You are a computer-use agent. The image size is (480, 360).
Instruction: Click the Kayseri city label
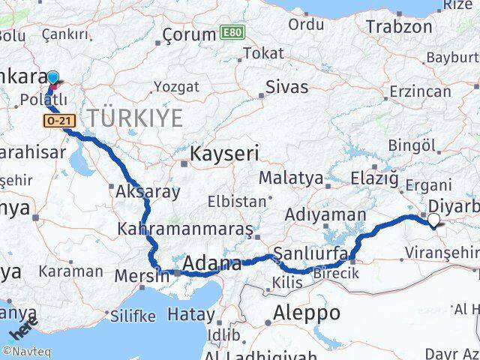click(224, 154)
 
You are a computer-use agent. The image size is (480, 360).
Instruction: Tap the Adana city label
click(211, 264)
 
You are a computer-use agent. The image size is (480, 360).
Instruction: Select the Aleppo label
click(307, 312)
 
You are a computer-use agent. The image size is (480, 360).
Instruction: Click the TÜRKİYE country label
click(135, 117)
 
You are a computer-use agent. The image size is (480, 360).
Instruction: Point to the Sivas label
click(287, 87)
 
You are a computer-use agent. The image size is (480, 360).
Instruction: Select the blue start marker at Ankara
click(53, 77)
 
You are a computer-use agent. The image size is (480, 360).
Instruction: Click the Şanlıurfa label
click(310, 253)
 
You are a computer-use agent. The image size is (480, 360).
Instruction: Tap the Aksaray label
click(148, 191)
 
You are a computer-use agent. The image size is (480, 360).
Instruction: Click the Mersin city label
click(142, 275)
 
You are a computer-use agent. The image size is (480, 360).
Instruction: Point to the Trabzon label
click(398, 27)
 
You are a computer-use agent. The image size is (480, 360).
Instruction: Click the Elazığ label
click(373, 178)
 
